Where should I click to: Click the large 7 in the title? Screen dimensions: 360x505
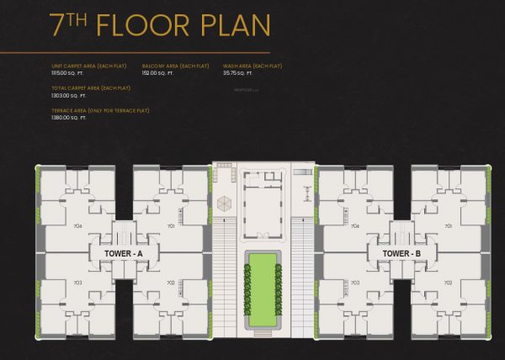coord(60,25)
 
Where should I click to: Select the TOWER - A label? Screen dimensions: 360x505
coord(123,253)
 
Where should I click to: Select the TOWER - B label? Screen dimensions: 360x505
coord(401,253)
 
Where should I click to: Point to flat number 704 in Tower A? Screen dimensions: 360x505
coord(77,225)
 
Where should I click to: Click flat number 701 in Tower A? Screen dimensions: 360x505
coord(171,225)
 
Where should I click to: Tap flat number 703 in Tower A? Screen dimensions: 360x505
coord(77,283)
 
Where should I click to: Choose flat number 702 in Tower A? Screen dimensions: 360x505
coord(171,283)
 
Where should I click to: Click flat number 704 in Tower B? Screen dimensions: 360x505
coord(354,225)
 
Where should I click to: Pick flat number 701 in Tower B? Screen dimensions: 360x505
coord(449,225)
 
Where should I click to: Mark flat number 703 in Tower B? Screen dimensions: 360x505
coord(355,283)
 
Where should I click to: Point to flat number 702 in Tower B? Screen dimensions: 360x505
coord(449,283)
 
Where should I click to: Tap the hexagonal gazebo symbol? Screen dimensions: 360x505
coord(225,204)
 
